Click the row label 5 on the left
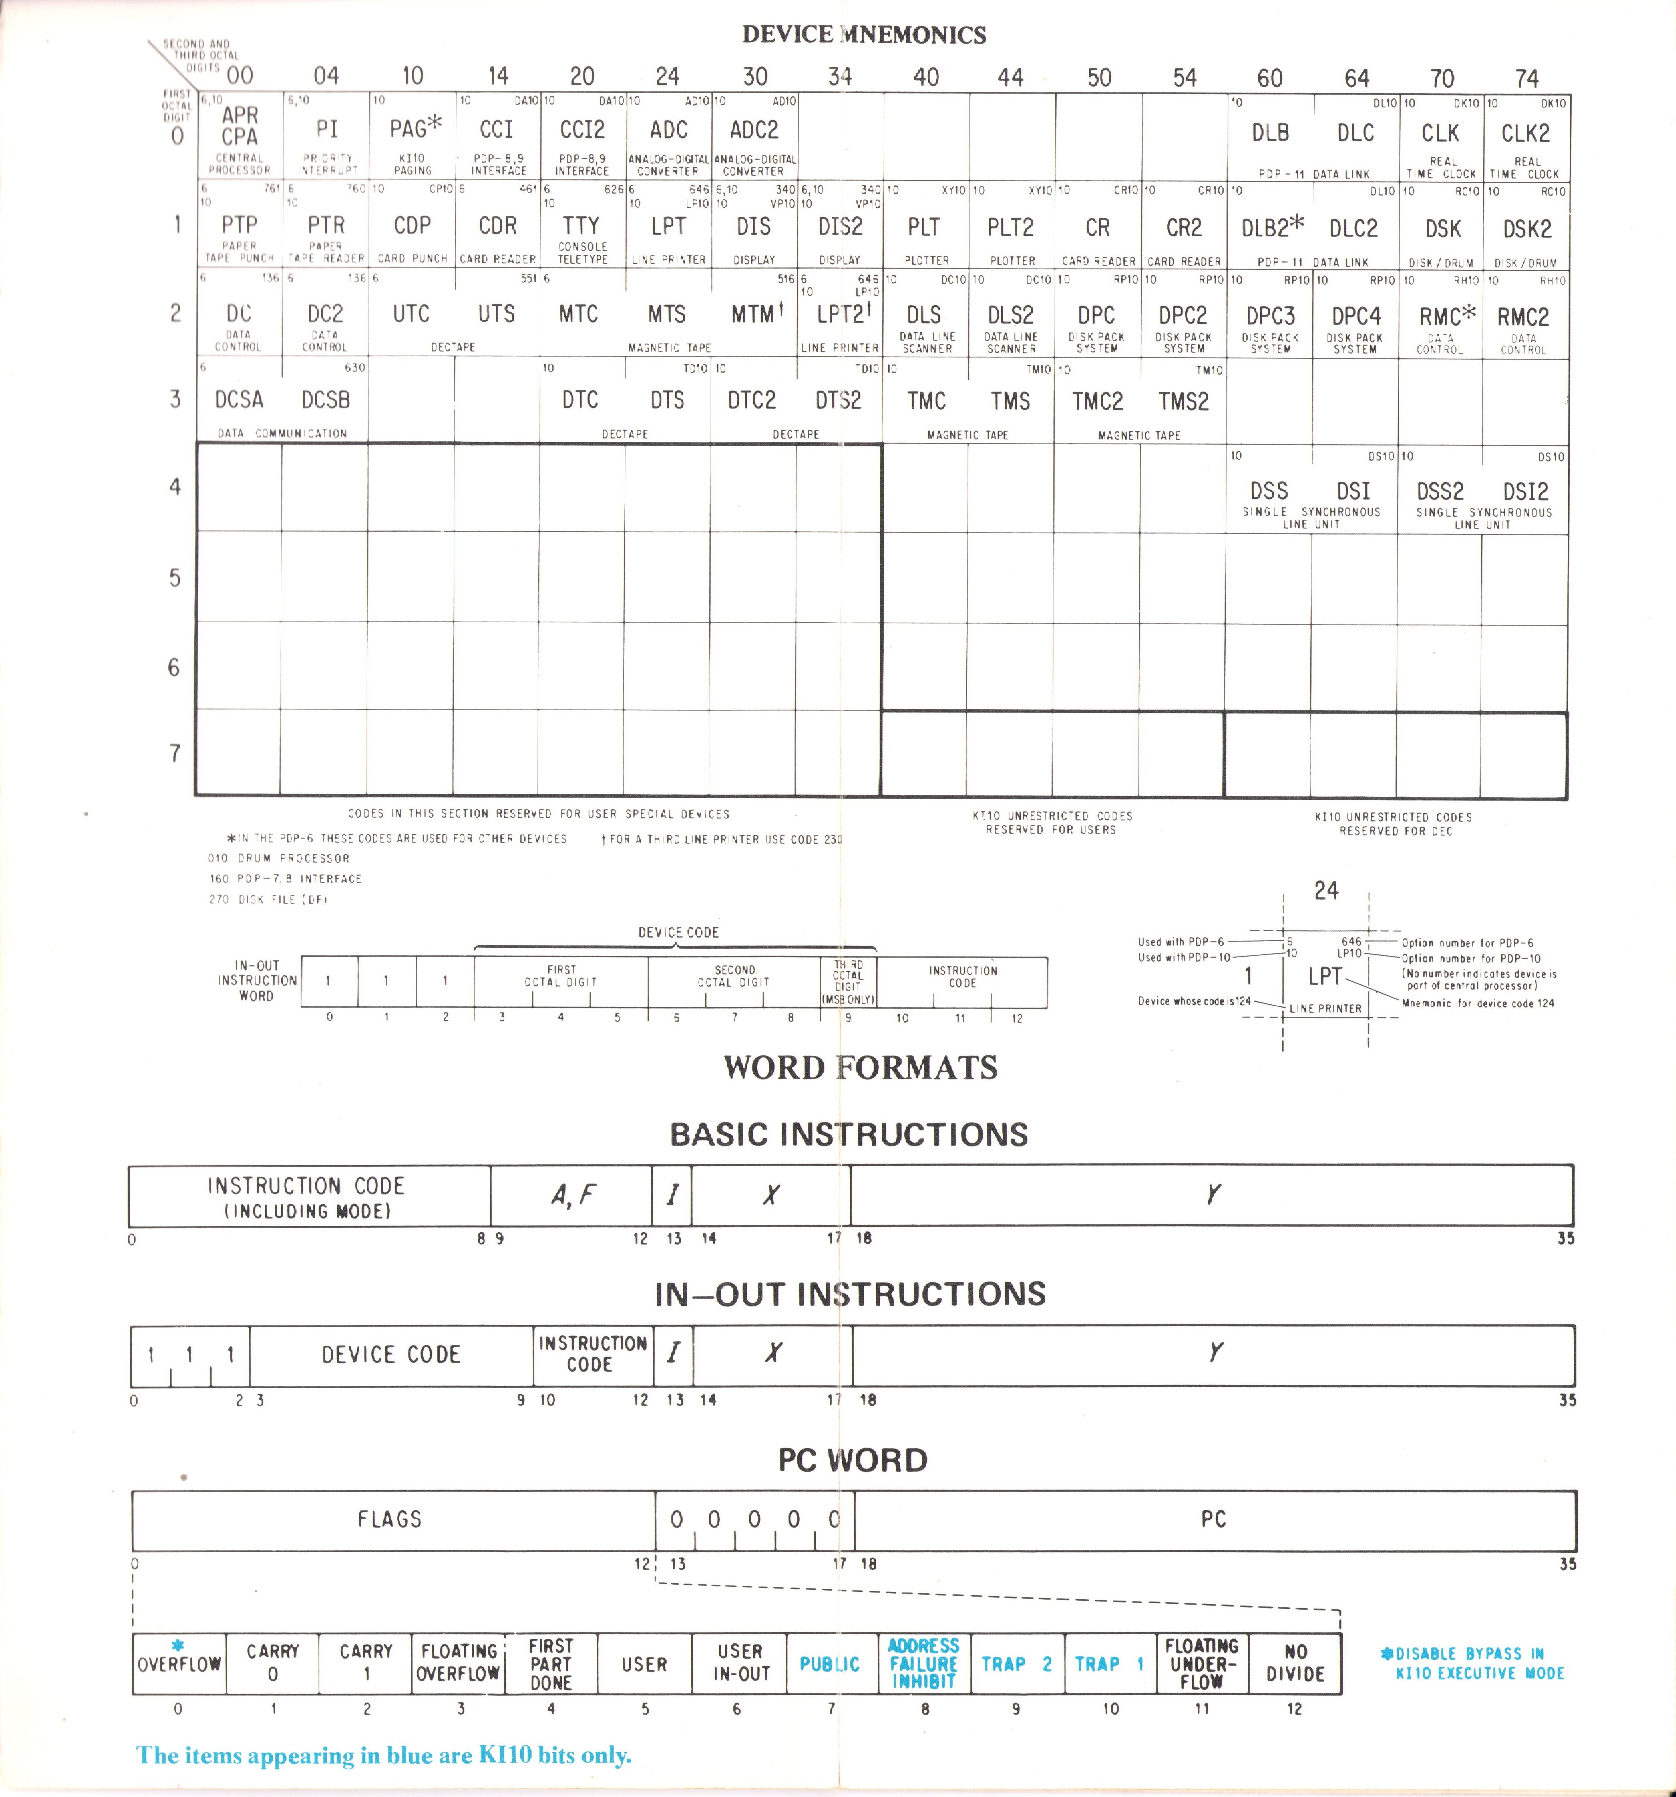click(175, 577)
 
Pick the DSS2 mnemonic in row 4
click(1439, 492)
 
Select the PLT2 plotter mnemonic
click(1010, 228)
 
